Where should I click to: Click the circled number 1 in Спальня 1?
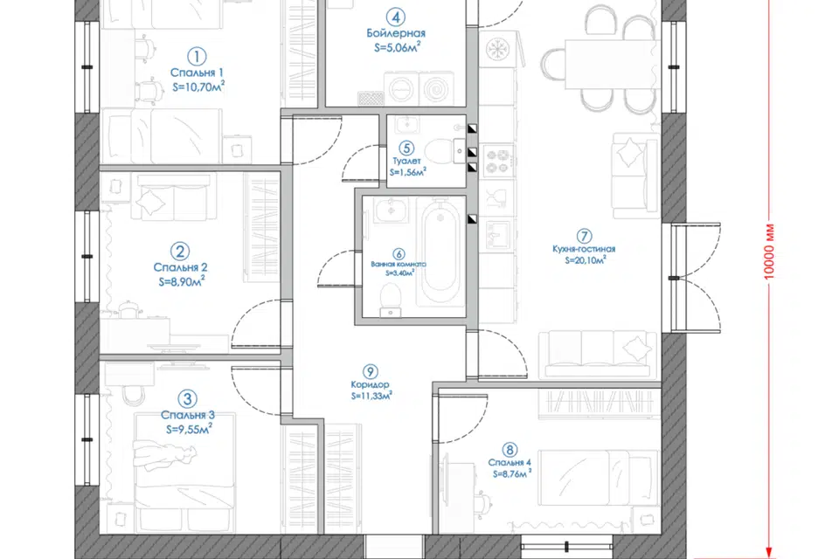pos(197,57)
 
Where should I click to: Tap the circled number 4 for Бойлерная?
pos(395,17)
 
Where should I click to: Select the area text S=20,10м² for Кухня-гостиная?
pos(586,260)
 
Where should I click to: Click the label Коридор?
pos(370,384)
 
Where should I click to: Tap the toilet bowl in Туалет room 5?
pos(437,151)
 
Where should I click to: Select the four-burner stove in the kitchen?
pos(497,162)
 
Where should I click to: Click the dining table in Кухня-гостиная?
pos(611,65)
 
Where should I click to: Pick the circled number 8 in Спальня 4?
pos(510,451)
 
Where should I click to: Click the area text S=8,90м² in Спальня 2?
pos(182,281)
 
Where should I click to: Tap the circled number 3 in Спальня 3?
pos(187,398)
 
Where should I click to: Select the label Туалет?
pos(406,161)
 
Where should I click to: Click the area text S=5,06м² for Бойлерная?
pos(397,47)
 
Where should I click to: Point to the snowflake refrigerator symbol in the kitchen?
pos(497,49)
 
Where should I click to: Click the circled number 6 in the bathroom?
pos(399,254)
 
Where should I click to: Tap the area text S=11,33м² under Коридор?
pos(371,396)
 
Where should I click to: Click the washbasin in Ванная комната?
pos(391,210)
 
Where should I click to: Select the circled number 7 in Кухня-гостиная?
pos(584,236)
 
